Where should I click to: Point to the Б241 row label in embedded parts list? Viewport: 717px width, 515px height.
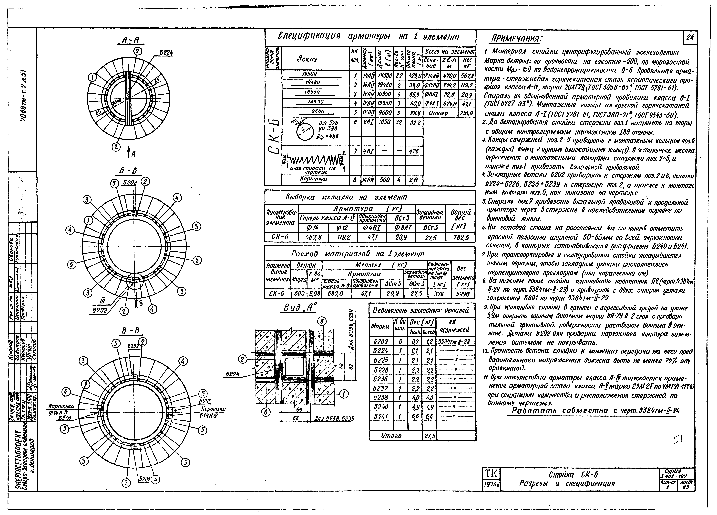pyautogui.click(x=381, y=417)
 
